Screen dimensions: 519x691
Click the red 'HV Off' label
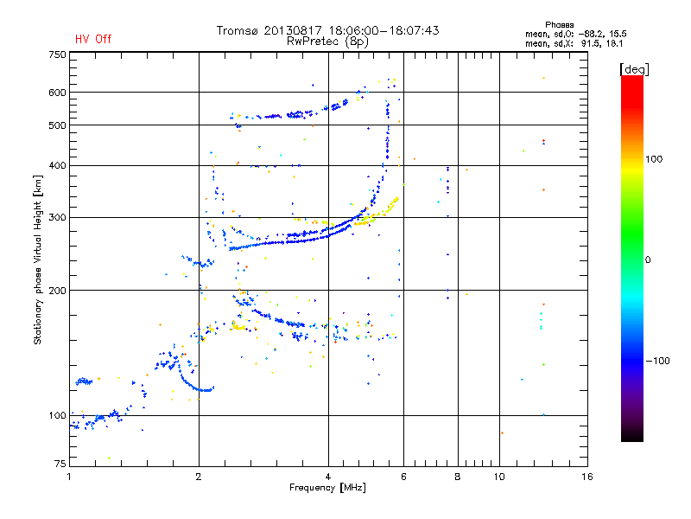tap(93, 39)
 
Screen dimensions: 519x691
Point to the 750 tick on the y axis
tap(57, 54)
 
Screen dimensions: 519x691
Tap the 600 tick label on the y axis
tap(57, 93)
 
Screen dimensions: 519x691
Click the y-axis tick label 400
tap(57, 165)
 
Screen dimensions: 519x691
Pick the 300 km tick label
tap(57, 217)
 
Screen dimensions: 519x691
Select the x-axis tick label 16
tap(586, 477)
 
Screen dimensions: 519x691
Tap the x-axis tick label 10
tap(498, 477)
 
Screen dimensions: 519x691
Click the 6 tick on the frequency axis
tap(403, 477)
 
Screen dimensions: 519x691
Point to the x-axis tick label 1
tap(69, 477)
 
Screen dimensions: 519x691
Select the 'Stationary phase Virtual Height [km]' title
tap(38, 259)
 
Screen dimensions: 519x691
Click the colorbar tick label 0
tap(649, 259)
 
